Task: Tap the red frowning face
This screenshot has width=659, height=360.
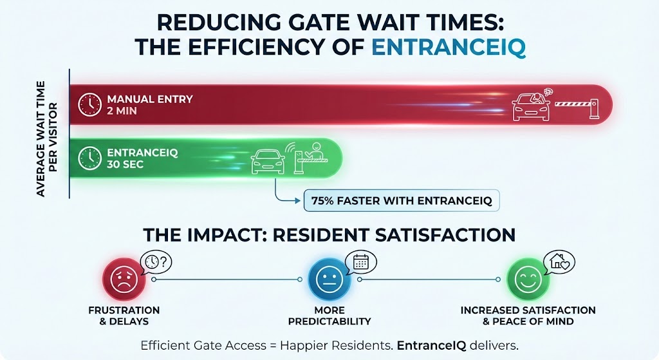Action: point(124,279)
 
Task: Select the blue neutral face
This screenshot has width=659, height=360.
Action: point(329,279)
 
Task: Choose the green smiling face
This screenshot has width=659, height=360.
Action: point(528,279)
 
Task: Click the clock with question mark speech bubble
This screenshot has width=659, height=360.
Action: point(157,261)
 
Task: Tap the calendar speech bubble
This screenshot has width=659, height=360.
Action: point(361,261)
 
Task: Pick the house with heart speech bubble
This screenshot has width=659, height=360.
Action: point(559,261)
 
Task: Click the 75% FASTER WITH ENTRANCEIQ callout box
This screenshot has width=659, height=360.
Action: point(402,201)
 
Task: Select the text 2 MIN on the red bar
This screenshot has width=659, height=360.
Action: point(123,111)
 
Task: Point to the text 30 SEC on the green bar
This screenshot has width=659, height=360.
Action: point(126,164)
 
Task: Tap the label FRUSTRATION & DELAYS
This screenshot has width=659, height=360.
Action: point(124,315)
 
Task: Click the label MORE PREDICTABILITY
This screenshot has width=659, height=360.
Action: point(329,315)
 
